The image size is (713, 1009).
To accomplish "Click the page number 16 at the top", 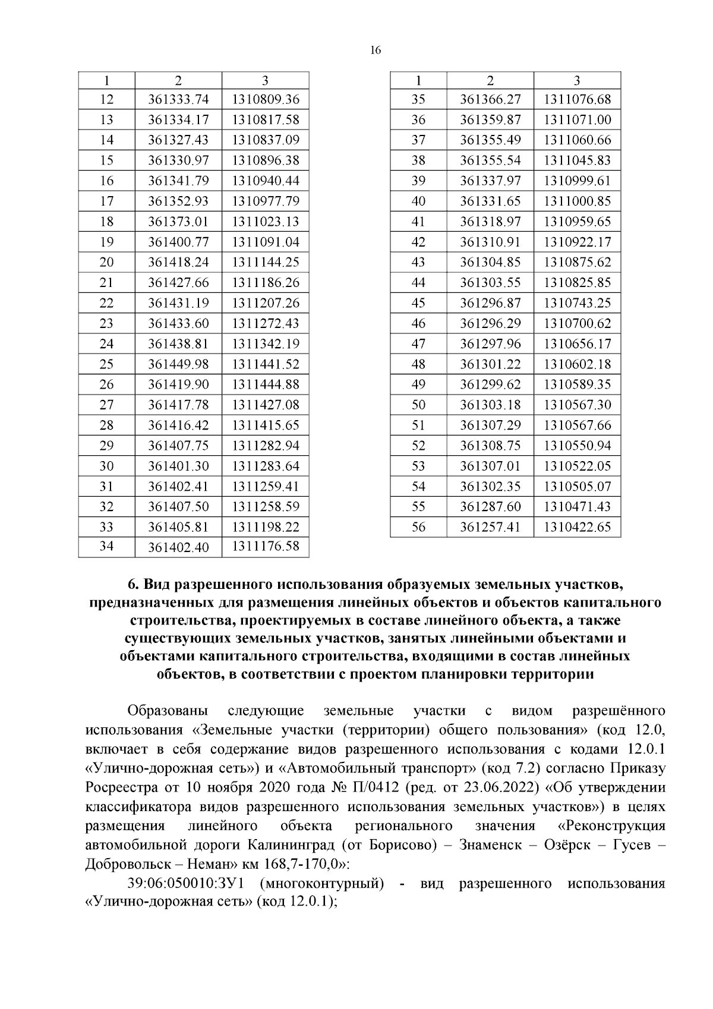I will pos(375,51).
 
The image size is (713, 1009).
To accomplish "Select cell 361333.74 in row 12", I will pos(178,100).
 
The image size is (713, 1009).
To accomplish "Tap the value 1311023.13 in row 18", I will pos(266,222).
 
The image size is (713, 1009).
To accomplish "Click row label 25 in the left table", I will pos(106,364).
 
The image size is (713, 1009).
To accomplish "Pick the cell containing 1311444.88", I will pos(266,384).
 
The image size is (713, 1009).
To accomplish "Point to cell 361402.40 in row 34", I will pos(178,547).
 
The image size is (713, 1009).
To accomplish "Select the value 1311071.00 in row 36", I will pos(577,120).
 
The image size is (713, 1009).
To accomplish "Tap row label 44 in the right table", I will pos(418,283).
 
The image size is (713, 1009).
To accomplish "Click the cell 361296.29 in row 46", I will pos(490,324).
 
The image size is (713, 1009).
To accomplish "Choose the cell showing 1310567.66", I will pos(577,425).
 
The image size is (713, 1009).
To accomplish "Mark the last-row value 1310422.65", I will pos(577,527).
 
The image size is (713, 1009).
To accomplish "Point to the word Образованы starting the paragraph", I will pos(168,711).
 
